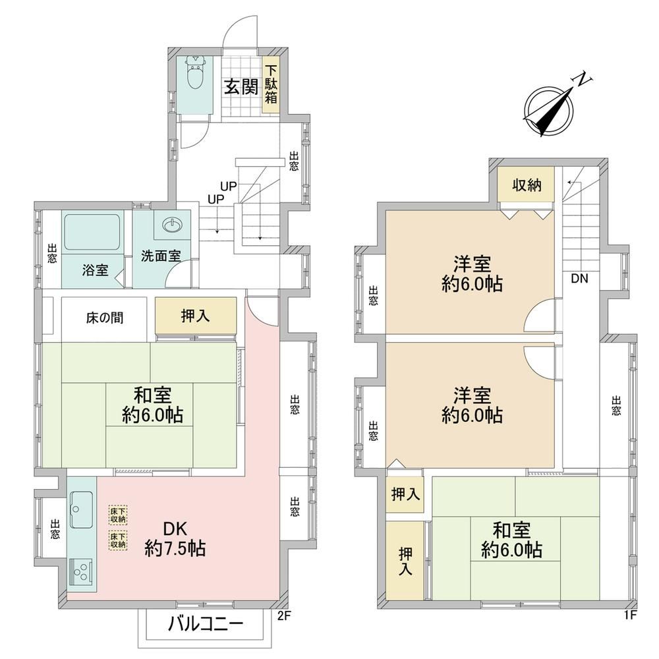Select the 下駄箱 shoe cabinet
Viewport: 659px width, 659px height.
271,84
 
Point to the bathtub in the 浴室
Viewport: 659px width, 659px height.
92,233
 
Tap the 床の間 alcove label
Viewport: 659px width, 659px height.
105,318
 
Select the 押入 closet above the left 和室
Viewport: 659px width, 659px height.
196,316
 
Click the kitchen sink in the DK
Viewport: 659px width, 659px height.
81,509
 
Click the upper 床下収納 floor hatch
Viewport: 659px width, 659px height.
118,515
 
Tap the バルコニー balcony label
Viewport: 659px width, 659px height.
206,625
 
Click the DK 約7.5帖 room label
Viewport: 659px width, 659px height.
175,538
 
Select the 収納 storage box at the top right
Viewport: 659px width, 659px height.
526,185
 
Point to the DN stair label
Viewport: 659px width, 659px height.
579,278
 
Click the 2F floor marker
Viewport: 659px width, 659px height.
283,616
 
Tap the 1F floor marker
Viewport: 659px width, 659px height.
631,616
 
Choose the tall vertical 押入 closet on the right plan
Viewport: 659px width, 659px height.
405,561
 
